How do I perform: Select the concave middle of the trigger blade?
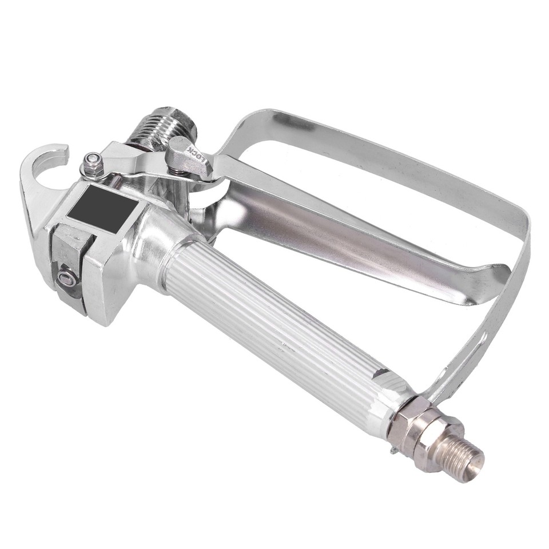[320, 229]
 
